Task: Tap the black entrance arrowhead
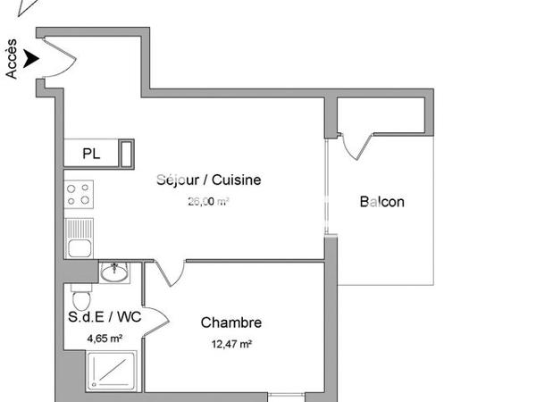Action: pos(32,59)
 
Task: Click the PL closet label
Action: pos(91,154)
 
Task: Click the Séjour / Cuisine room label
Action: pos(208,180)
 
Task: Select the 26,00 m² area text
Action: pos(207,202)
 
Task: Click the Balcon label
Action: pos(381,202)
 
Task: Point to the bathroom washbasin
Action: pos(113,272)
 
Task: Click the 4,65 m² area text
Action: pos(104,339)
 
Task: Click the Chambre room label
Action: pos(230,322)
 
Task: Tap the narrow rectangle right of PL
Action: pos(127,154)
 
